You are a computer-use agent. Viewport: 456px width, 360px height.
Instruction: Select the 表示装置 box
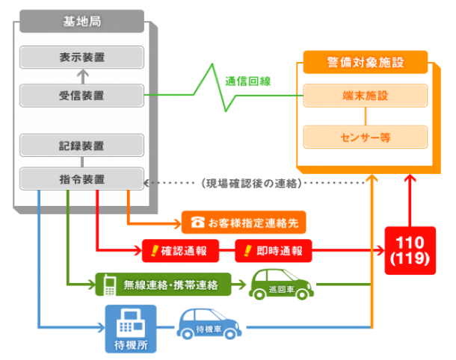(x=81, y=57)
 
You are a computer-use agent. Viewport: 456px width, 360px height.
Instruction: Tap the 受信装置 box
(x=81, y=96)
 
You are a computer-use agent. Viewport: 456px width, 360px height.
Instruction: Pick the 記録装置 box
(x=81, y=144)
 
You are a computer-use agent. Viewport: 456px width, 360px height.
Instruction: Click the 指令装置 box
(x=81, y=179)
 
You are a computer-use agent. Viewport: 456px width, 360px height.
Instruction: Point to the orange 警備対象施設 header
(x=366, y=62)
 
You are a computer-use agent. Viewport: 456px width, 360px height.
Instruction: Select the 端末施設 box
(x=366, y=96)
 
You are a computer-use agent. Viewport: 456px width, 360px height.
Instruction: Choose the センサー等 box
(x=366, y=137)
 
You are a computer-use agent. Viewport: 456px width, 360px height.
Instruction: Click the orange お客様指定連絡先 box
(x=244, y=222)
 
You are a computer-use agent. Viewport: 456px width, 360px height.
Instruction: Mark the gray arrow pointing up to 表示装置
(x=81, y=75)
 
